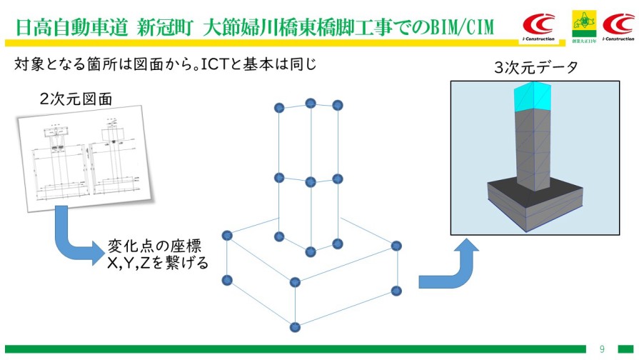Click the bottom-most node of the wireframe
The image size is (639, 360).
(295, 327)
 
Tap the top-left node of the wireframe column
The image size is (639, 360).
(279, 107)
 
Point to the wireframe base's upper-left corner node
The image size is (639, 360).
(227, 235)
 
